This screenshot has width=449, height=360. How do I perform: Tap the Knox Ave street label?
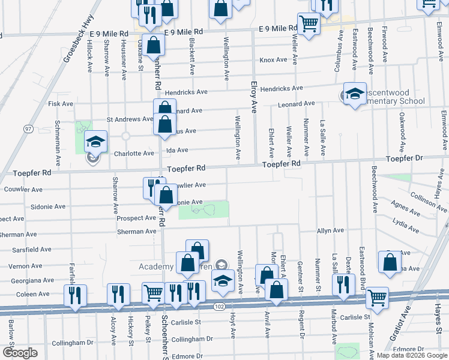pyautogui.click(x=273, y=60)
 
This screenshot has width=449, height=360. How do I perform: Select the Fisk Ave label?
pyautogui.click(x=60, y=104)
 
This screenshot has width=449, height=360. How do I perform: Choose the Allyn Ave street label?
pyautogui.click(x=330, y=230)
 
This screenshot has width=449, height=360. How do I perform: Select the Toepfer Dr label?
pyautogui.click(x=405, y=158)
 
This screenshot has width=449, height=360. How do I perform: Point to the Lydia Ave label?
pyautogui.click(x=405, y=226)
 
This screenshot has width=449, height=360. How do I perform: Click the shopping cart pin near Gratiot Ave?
pyautogui.click(x=377, y=298)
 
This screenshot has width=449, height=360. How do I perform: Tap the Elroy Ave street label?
pyautogui.click(x=254, y=98)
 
